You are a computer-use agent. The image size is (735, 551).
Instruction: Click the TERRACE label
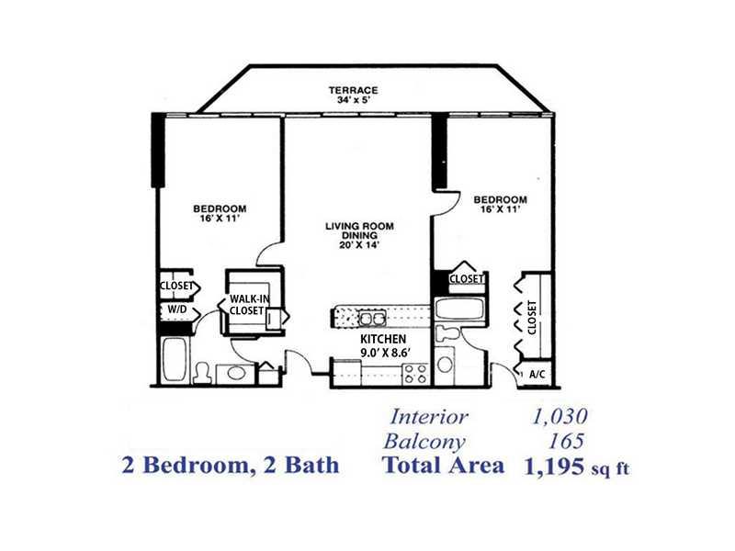[353, 90]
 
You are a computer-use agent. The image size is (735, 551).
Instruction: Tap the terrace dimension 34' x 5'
[354, 100]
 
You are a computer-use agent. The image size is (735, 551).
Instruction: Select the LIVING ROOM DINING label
[359, 231]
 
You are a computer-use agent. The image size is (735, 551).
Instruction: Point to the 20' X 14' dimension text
[359, 244]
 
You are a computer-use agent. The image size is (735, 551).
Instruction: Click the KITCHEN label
[383, 339]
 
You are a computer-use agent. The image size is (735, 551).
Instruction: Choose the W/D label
[177, 309]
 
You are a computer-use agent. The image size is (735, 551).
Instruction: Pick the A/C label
[537, 375]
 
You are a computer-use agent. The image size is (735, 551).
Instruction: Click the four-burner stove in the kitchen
[415, 374]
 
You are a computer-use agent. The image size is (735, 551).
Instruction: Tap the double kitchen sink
[373, 319]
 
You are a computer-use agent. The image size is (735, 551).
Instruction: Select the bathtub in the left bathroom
[175, 360]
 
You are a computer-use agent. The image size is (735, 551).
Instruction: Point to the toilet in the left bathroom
[202, 373]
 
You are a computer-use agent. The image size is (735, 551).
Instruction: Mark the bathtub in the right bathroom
[459, 309]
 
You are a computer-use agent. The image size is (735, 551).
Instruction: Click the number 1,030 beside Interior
[560, 416]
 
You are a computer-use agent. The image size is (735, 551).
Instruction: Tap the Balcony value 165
[566, 441]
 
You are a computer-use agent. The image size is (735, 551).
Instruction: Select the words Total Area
[444, 466]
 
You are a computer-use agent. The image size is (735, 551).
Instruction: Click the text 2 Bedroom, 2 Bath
[231, 466]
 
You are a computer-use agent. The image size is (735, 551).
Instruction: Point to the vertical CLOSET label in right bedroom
[532, 317]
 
